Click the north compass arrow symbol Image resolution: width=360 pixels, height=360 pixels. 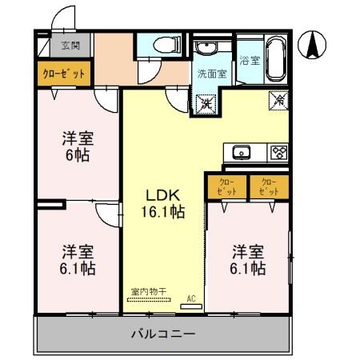coord(314,45)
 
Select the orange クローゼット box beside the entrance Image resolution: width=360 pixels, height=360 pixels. coord(64,73)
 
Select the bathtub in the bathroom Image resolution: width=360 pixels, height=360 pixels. coord(274,58)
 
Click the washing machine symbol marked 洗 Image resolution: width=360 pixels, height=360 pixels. coord(205,102)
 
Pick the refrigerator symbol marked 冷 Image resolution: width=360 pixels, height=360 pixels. coord(278,101)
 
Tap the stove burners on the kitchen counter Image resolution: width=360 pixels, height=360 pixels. coord(278,152)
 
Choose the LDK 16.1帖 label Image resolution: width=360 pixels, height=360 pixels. coord(165,203)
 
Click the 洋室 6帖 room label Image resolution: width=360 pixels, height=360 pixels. coord(77,146)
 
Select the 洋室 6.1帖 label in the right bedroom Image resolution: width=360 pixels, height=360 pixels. coord(248,260)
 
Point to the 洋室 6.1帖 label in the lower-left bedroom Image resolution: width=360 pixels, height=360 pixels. coord(78,260)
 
